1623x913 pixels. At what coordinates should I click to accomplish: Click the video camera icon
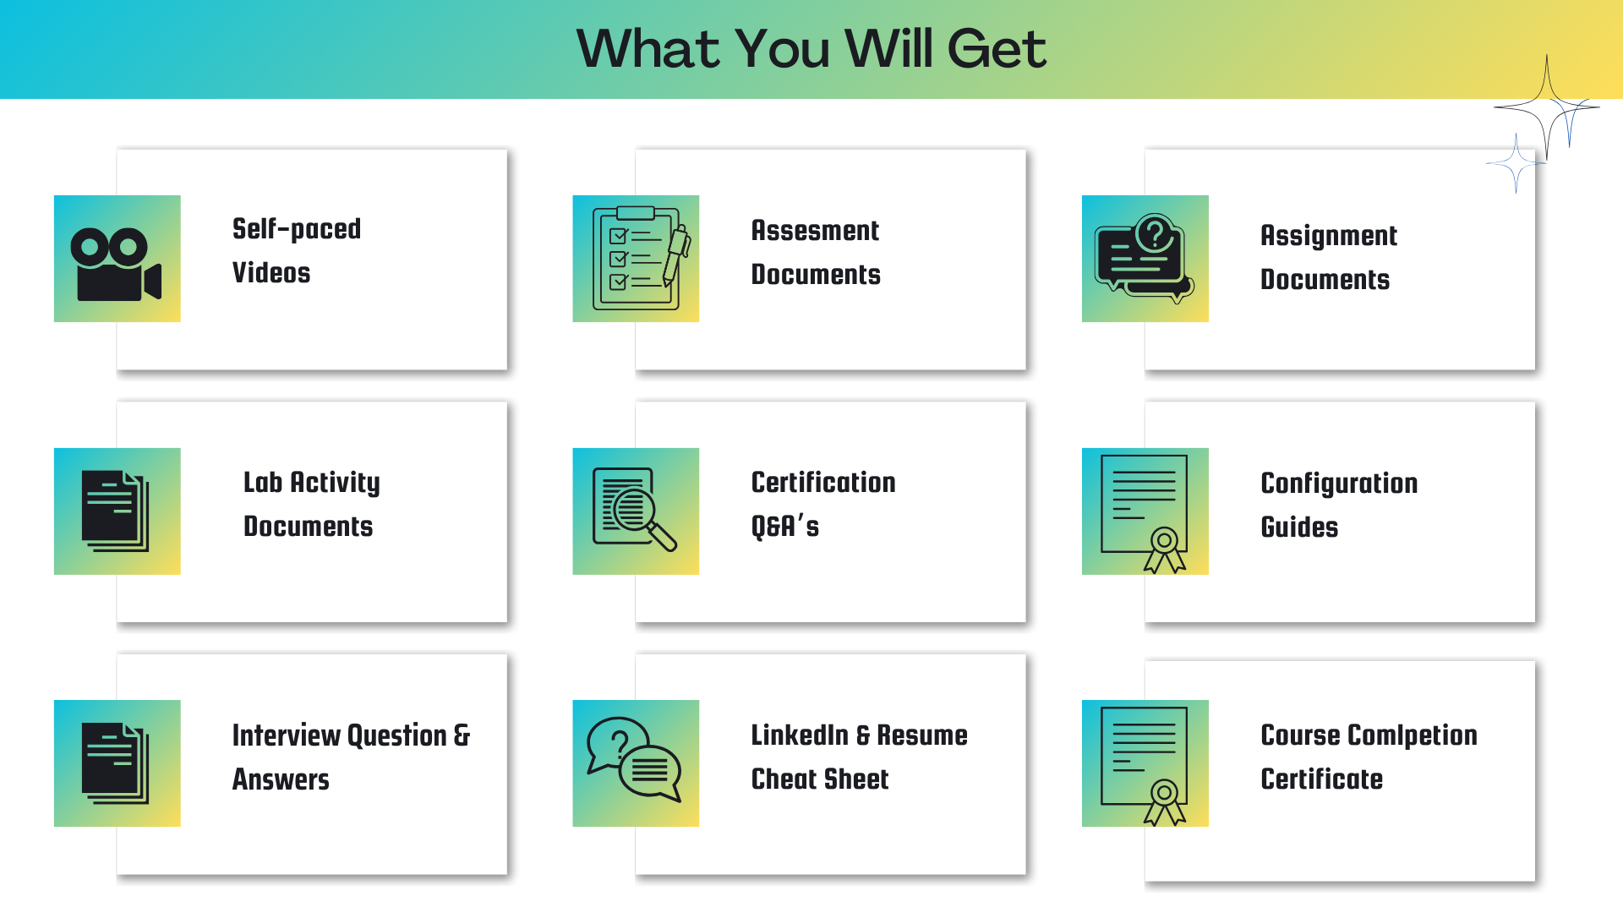[x=116, y=264]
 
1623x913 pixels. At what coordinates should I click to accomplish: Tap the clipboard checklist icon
[x=641, y=258]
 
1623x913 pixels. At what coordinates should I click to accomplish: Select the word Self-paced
[x=297, y=229]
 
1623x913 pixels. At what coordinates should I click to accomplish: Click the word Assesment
[x=815, y=230]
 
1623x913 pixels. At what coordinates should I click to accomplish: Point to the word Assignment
[x=1328, y=236]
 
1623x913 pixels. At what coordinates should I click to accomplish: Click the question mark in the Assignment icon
[x=1156, y=232]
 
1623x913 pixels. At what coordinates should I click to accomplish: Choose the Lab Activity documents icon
[x=116, y=511]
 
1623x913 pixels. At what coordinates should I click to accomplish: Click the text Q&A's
[x=784, y=526]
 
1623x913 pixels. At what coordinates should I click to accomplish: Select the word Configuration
[x=1339, y=484]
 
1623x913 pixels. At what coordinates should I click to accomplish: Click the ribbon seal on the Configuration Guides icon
[x=1165, y=549]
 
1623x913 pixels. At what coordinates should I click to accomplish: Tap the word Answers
[x=281, y=779]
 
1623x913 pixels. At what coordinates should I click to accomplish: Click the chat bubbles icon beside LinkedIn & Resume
[x=634, y=759]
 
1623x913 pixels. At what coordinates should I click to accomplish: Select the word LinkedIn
[x=800, y=735]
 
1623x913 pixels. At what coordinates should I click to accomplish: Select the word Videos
[x=271, y=273]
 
